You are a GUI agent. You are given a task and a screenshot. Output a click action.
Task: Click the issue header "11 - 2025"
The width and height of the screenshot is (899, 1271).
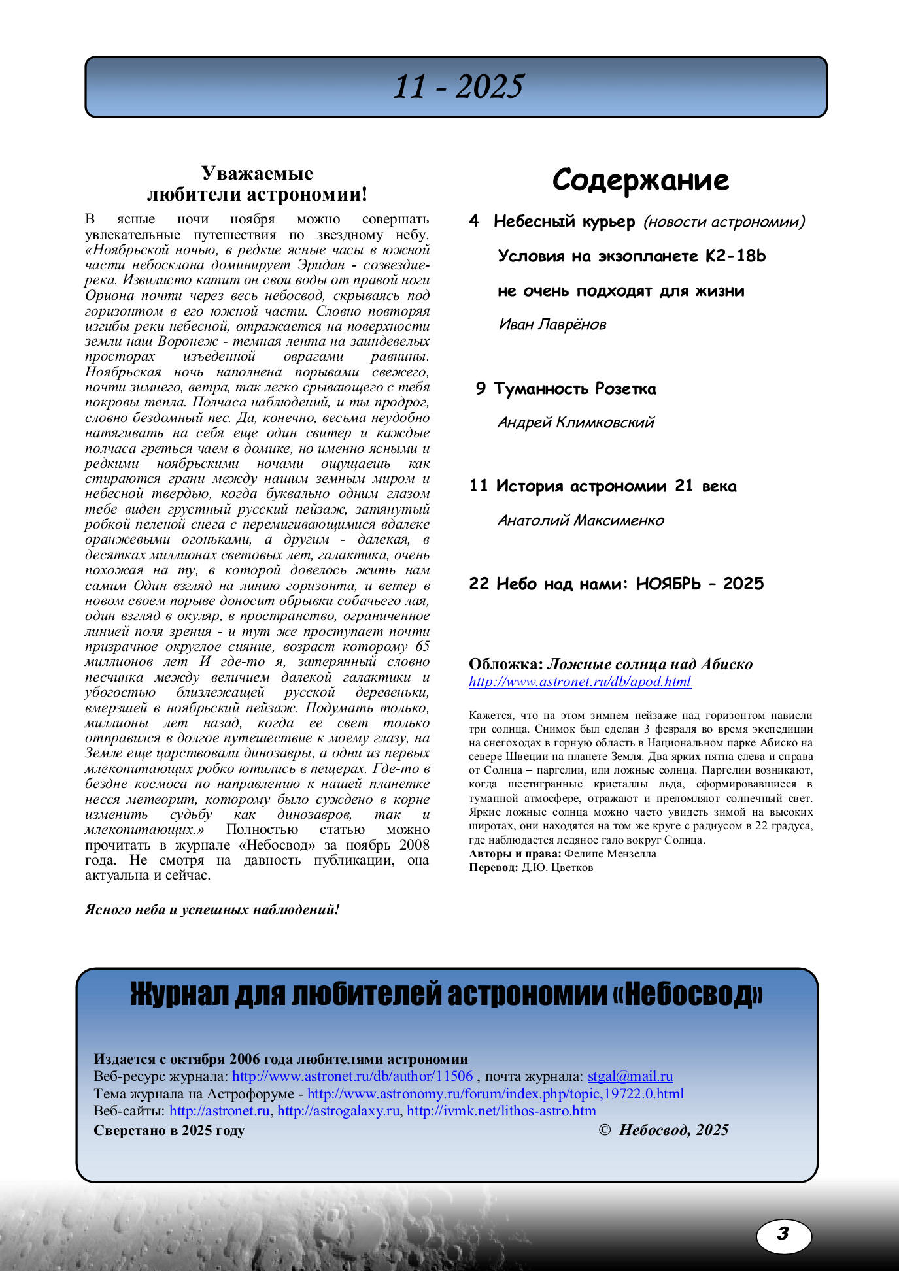[458, 87]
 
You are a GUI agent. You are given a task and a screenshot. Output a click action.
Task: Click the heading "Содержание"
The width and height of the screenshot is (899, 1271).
[640, 180]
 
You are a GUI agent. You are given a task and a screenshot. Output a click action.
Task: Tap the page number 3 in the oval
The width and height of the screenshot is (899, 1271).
[783, 1233]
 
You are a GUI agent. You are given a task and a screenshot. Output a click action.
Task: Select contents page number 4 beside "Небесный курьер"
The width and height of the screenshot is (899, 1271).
[474, 221]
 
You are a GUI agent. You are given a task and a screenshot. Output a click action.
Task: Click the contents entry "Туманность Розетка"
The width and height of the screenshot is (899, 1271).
[574, 389]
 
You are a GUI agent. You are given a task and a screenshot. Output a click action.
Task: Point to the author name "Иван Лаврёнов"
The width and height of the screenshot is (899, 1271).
[552, 324]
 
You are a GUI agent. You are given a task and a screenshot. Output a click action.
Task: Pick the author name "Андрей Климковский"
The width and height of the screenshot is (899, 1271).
[575, 422]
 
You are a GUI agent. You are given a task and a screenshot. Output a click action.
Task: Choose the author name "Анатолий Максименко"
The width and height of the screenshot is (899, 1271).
[581, 520]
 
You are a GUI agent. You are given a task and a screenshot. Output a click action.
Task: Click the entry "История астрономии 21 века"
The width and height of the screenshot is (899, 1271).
[615, 486]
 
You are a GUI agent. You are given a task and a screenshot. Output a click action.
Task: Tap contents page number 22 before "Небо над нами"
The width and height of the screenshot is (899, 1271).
[479, 584]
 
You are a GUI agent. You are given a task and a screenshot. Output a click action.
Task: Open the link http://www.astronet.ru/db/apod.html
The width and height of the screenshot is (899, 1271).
[579, 682]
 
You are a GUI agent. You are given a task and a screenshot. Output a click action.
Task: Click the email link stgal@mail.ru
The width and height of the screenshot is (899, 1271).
[630, 1076]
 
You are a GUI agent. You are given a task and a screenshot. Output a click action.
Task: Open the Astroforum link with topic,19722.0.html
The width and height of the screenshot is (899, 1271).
[495, 1094]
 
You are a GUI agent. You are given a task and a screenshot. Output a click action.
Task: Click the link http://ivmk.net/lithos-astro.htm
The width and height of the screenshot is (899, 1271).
[501, 1111]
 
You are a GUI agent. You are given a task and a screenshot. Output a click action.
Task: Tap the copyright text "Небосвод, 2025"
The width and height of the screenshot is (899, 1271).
[673, 1130]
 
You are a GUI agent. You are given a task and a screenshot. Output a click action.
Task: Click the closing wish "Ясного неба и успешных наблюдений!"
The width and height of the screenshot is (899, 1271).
[212, 910]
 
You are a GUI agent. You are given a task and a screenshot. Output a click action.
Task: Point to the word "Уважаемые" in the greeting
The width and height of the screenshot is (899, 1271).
[257, 173]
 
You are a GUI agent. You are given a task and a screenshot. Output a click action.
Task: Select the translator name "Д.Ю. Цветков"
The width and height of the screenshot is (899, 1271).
[557, 868]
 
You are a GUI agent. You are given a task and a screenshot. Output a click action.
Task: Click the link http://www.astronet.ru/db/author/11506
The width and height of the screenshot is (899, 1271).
[352, 1076]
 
